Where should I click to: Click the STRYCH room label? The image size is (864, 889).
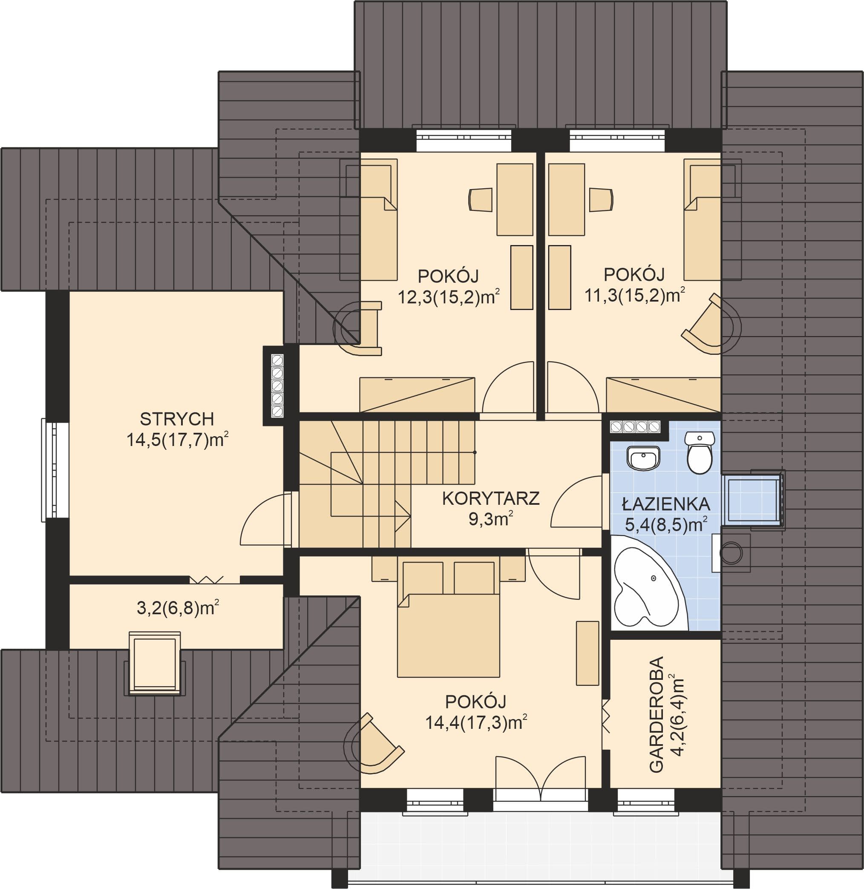[x=176, y=419]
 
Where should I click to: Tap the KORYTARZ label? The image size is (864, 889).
[x=490, y=498]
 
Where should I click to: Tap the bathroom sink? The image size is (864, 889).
[x=643, y=457]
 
